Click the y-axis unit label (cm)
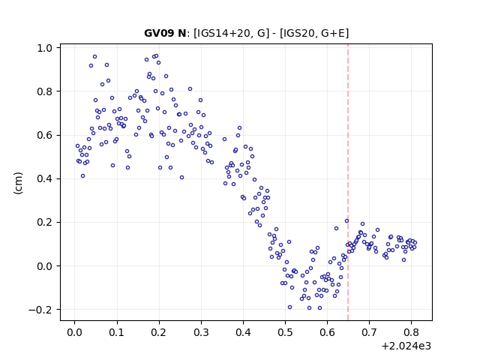pyautogui.click(x=18, y=183)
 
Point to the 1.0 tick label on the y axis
pyautogui.click(x=45, y=48)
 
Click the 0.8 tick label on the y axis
pyautogui.click(x=45, y=91)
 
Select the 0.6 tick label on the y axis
pyautogui.click(x=45, y=135)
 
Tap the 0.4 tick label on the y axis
pyautogui.click(x=45, y=178)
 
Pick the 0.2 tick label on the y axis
pyautogui.click(x=45, y=223)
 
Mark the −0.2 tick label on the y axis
pyautogui.click(x=40, y=310)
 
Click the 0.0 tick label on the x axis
pyautogui.click(x=75, y=332)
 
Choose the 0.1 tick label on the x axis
pyautogui.click(x=117, y=332)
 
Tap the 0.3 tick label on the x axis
pyautogui.click(x=201, y=332)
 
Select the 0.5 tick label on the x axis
pyautogui.click(x=285, y=332)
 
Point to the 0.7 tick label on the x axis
pyautogui.click(x=370, y=332)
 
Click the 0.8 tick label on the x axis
pyautogui.click(x=412, y=332)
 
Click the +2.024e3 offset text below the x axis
pyautogui.click(x=406, y=346)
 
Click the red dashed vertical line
pyautogui.click(x=348, y=182)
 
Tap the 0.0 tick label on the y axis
pyautogui.click(x=45, y=266)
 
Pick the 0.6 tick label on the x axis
pyautogui.click(x=327, y=332)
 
